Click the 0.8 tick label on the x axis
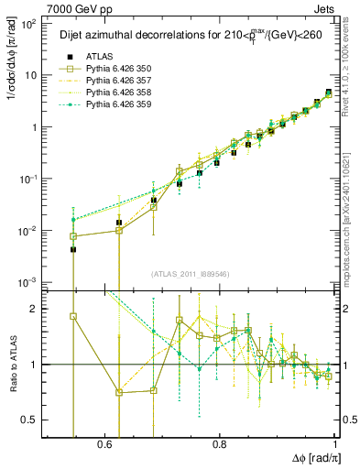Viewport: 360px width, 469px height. click(x=220, y=443)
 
